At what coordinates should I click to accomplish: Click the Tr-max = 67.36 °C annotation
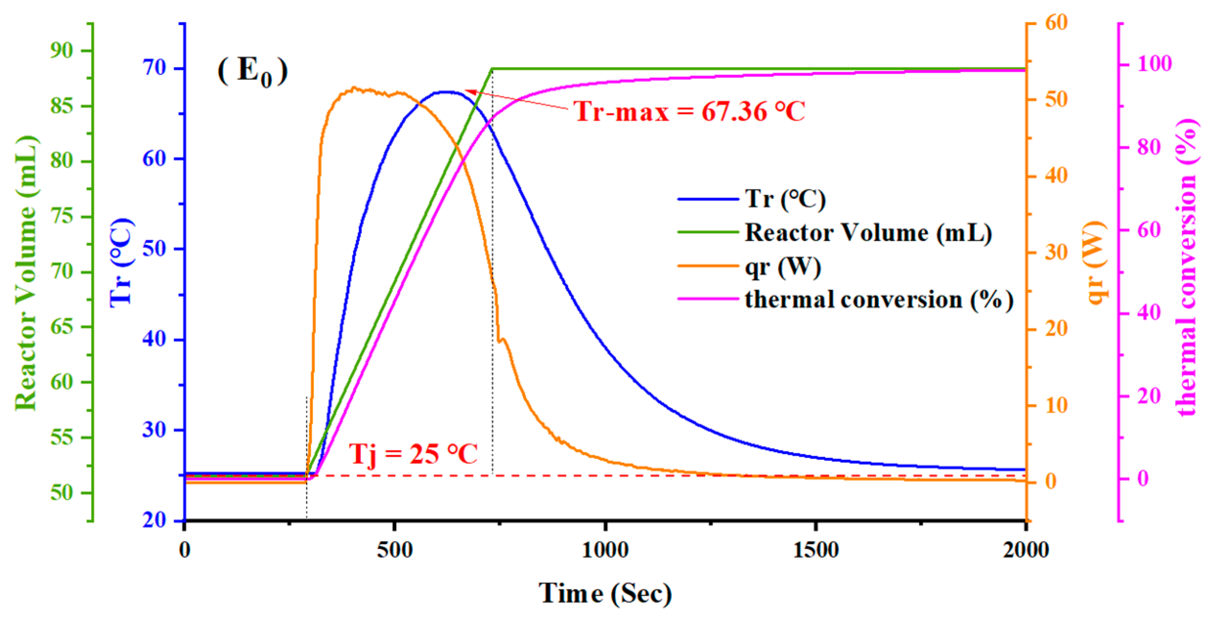[689, 112]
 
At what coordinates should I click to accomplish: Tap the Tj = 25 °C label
[413, 454]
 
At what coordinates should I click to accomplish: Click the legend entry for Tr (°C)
[785, 199]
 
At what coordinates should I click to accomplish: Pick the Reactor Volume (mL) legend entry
[868, 233]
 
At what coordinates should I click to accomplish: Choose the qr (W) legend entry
[782, 267]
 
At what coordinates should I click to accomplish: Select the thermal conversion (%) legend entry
[879, 300]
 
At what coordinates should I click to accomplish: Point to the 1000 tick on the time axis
[605, 550]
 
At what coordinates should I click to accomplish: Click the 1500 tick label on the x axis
[816, 550]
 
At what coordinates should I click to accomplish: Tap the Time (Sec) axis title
[605, 594]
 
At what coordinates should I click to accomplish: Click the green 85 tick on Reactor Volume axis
[61, 106]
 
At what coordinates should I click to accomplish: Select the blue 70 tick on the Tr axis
[154, 68]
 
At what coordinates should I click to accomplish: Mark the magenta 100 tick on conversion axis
[1154, 64]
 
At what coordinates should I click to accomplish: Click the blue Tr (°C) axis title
[121, 262]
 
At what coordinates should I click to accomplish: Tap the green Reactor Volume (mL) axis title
[26, 273]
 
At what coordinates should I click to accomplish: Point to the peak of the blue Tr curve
[446, 91]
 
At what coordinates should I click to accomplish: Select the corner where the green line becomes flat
[493, 69]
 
